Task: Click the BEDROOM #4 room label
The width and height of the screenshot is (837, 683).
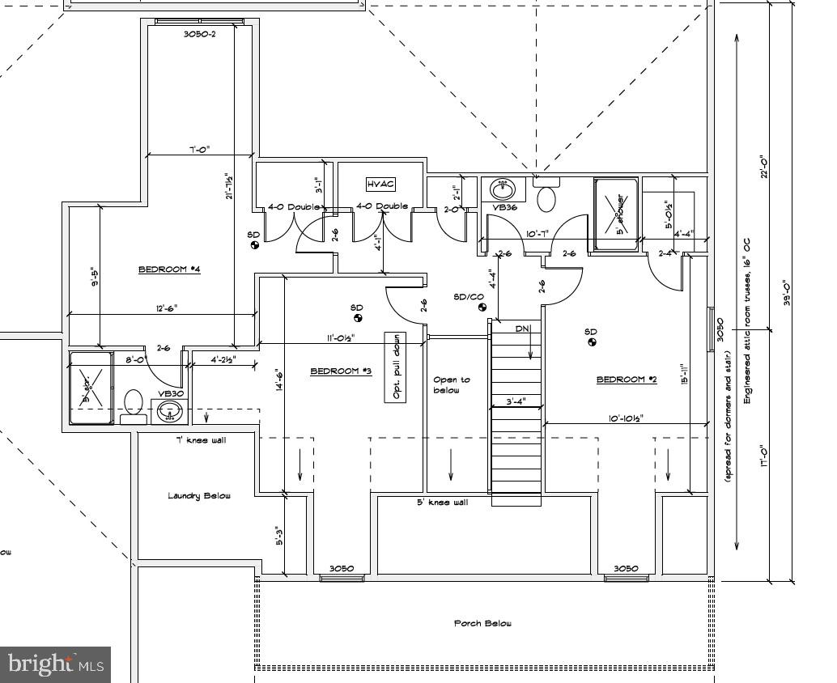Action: [x=168, y=269]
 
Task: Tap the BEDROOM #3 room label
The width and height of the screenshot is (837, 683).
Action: [x=341, y=371]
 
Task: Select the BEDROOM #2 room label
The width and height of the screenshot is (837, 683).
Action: [x=627, y=380]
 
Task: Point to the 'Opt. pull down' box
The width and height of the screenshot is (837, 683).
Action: [x=395, y=367]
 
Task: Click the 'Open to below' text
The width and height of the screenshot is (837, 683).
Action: [x=451, y=384]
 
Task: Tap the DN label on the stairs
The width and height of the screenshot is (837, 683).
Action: [x=522, y=329]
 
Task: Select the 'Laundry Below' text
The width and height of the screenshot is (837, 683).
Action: [x=199, y=495]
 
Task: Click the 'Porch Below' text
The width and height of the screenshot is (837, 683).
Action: [x=482, y=623]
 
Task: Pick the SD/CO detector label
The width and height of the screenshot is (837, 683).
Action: [x=468, y=297]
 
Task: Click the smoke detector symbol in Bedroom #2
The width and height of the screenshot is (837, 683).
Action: [x=592, y=343]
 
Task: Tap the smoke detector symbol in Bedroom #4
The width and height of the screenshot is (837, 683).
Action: [x=253, y=245]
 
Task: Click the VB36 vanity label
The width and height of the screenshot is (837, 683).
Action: [x=505, y=207]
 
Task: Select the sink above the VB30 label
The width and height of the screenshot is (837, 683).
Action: [x=169, y=411]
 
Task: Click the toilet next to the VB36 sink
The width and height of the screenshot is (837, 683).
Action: [x=547, y=197]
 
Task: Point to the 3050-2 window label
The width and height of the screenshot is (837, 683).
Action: [x=199, y=35]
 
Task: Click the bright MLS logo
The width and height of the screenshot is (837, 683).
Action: [x=54, y=664]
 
